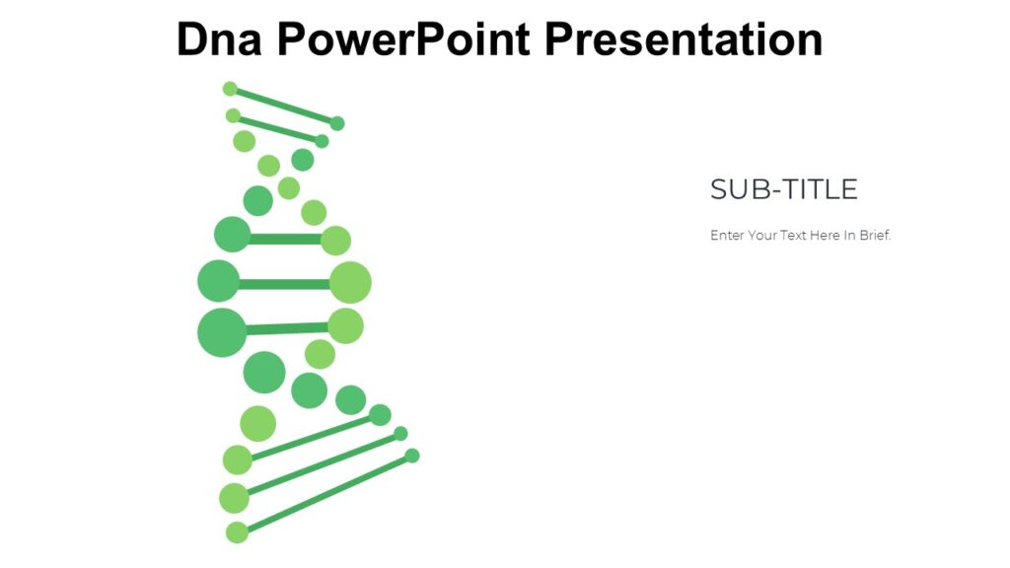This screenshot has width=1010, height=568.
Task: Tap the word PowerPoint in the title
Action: (403, 39)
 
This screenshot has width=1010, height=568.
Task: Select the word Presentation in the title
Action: (684, 39)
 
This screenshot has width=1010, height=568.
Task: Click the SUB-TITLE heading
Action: (783, 189)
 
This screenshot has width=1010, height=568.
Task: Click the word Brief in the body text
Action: (874, 236)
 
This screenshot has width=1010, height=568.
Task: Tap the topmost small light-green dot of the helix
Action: (230, 89)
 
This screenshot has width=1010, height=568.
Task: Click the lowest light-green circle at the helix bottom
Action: (237, 532)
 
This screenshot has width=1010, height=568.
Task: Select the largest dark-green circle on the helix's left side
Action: (222, 332)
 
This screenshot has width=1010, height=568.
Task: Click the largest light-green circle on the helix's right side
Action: (350, 283)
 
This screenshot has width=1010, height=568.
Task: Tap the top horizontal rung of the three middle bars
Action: (285, 239)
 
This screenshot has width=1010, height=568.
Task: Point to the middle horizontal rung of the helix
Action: (284, 284)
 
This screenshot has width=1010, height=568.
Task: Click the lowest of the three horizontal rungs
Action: (286, 328)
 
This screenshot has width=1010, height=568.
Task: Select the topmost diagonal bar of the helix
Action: (283, 106)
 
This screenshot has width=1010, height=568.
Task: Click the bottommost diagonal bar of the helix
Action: (325, 493)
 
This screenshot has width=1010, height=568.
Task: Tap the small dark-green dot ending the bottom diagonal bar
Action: (412, 456)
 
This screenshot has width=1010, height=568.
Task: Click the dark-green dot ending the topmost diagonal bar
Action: (337, 123)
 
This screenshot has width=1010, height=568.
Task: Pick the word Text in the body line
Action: (792, 236)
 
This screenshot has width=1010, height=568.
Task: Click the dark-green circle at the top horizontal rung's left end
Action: (232, 235)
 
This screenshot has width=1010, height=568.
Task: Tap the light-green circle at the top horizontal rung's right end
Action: (335, 241)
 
